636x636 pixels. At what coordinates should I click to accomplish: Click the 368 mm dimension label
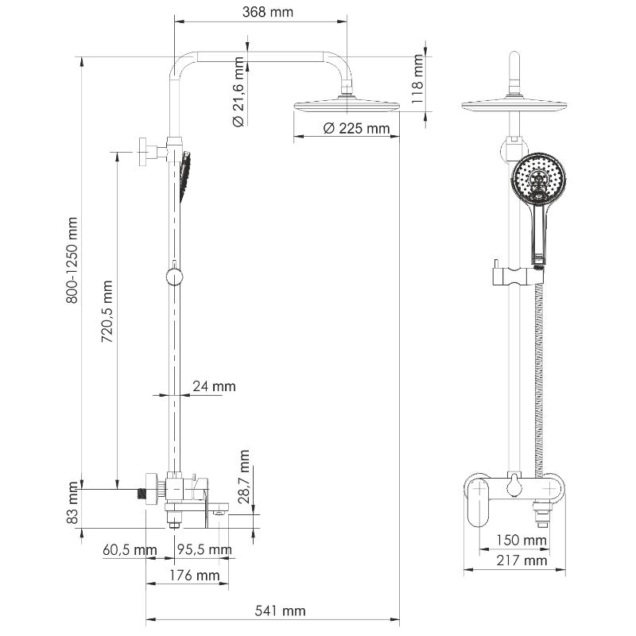pyautogui.click(x=268, y=12)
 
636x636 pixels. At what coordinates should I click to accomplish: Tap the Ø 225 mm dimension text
pyautogui.click(x=356, y=129)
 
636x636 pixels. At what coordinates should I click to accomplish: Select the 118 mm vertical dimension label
pyautogui.click(x=417, y=79)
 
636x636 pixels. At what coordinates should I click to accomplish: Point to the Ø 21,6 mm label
pyautogui.click(x=238, y=91)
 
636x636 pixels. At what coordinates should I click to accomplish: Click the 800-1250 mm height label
pyautogui.click(x=72, y=260)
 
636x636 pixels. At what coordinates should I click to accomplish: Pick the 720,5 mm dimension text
pyautogui.click(x=107, y=311)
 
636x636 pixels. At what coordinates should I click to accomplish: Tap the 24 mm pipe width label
pyautogui.click(x=214, y=386)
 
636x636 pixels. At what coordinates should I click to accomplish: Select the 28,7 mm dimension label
pyautogui.click(x=244, y=476)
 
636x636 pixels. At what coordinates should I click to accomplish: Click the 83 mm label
pyautogui.click(x=72, y=502)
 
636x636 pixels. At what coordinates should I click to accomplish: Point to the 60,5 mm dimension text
pyautogui.click(x=130, y=550)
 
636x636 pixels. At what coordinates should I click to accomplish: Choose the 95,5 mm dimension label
pyautogui.click(x=205, y=549)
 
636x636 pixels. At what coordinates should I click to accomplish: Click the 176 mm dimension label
pyautogui.click(x=195, y=575)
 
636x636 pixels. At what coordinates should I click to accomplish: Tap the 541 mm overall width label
pyautogui.click(x=281, y=611)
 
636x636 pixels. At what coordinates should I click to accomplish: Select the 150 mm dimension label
pyautogui.click(x=522, y=541)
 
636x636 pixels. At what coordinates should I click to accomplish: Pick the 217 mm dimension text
pyautogui.click(x=522, y=560)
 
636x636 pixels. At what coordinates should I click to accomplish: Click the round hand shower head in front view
pyautogui.click(x=539, y=177)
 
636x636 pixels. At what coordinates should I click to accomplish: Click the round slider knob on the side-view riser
pyautogui.click(x=174, y=277)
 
